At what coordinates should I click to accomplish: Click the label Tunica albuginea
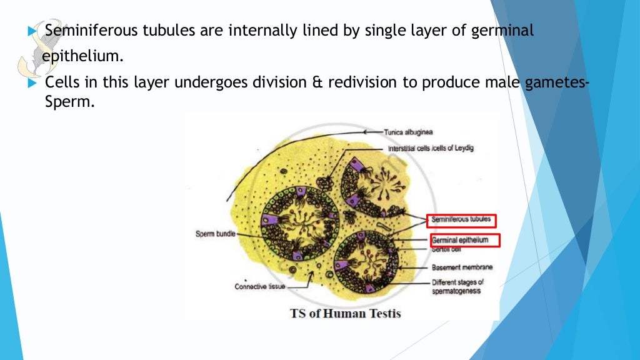pos(409,132)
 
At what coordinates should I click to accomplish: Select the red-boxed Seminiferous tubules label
pos(461,221)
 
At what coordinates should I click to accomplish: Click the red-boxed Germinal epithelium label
pos(465,239)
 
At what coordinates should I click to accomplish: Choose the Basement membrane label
pos(462,267)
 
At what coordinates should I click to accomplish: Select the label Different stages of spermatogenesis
pos(457,287)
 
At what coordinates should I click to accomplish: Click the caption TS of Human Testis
pos(345,313)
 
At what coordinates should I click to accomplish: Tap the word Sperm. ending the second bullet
pos(69,102)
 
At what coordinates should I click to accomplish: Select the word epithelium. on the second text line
pos(83,56)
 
